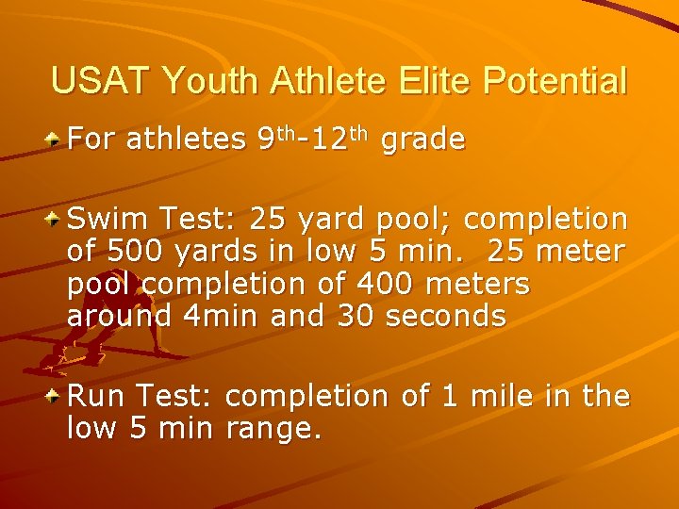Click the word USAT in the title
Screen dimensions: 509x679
pyautogui.click(x=101, y=81)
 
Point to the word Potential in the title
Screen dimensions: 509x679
pyautogui.click(x=555, y=81)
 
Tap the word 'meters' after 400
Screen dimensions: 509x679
pyautogui.click(x=482, y=284)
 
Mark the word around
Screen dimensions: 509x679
pyautogui.click(x=119, y=316)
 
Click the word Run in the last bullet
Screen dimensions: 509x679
pyautogui.click(x=95, y=396)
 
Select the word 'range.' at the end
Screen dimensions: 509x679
pyautogui.click(x=276, y=429)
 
